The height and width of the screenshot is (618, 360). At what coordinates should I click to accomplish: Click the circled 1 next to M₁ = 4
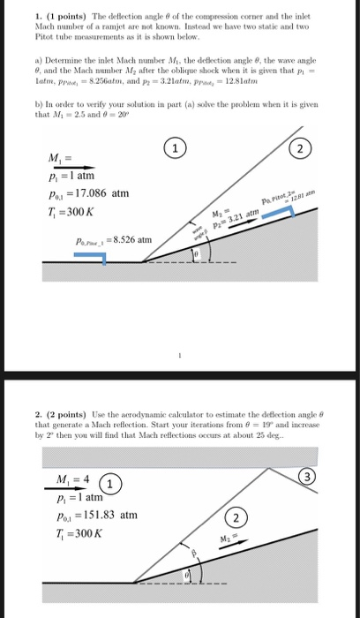109,484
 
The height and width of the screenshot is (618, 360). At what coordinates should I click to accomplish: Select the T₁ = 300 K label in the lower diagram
74,534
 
